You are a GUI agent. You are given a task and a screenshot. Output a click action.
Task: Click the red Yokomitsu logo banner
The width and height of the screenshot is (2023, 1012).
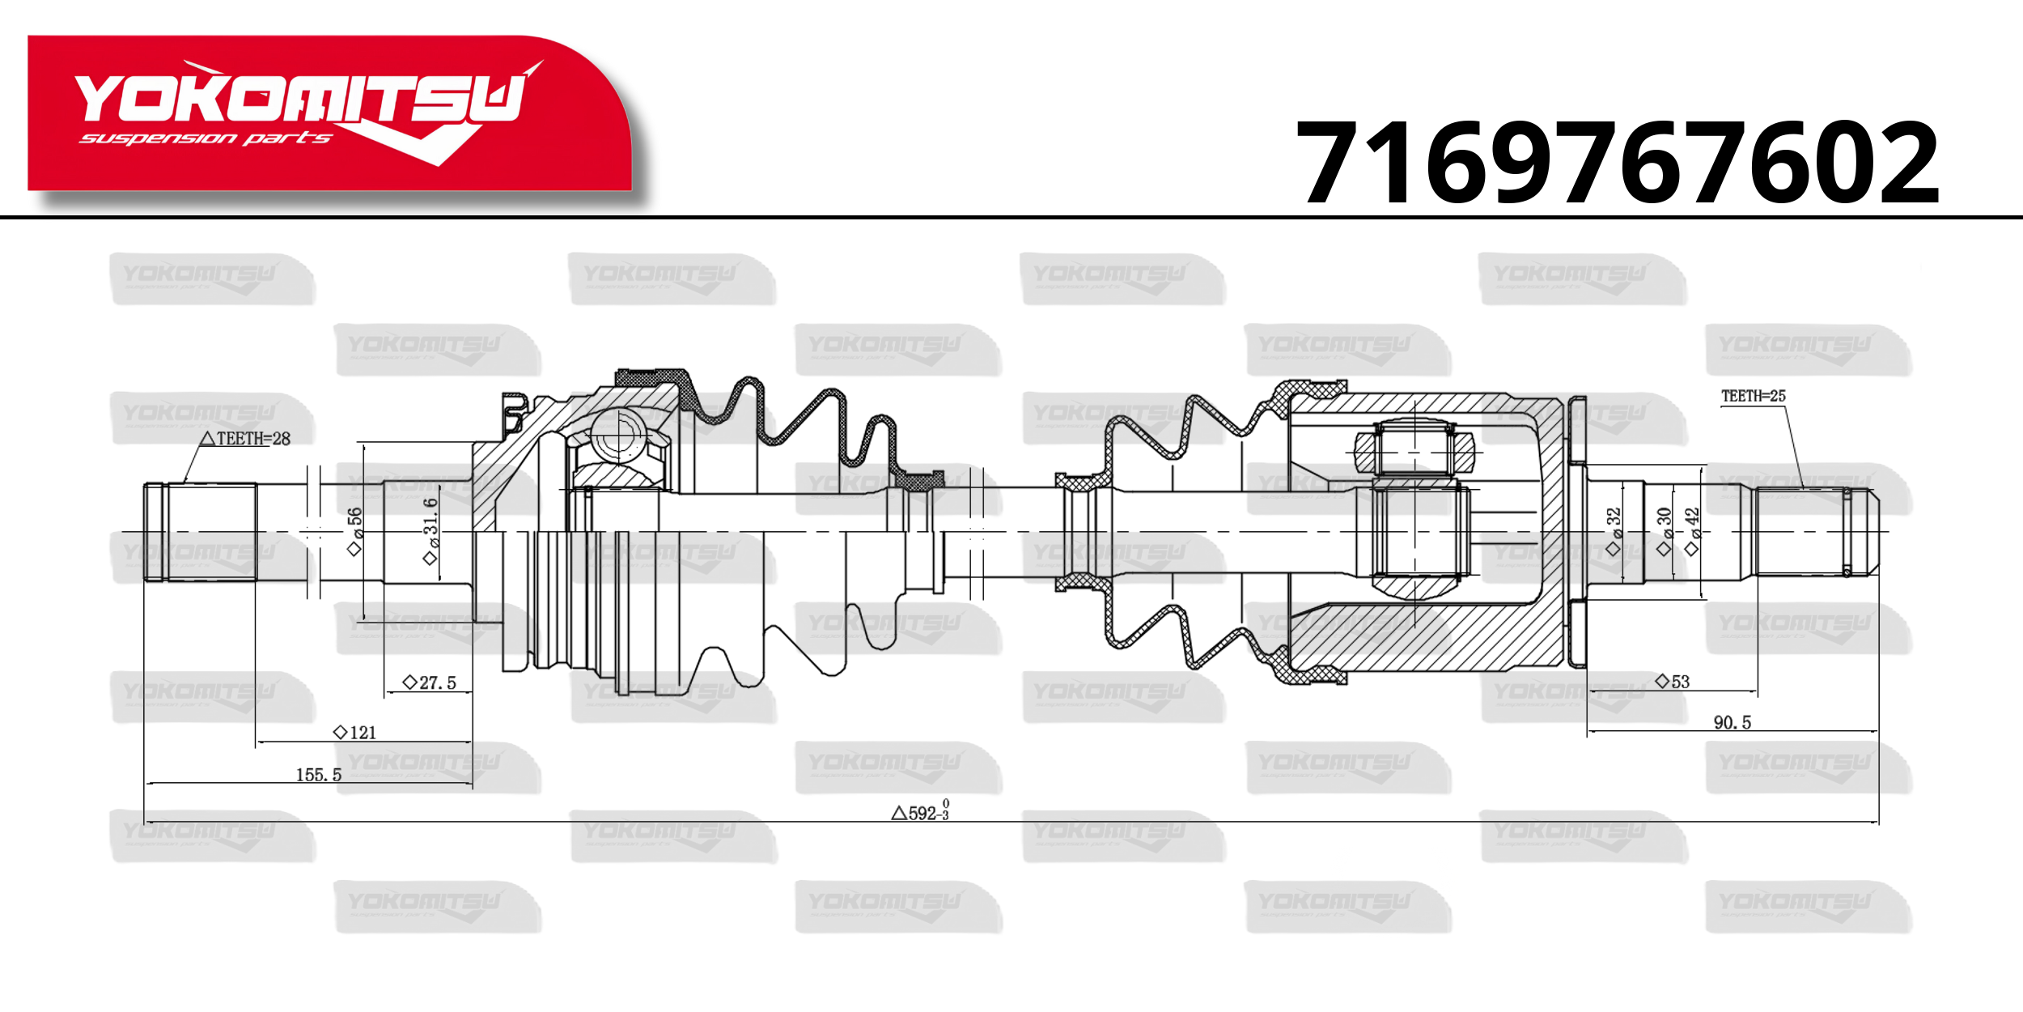[x=330, y=113]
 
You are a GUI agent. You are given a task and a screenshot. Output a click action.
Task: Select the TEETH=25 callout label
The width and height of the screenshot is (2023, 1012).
[x=1753, y=396]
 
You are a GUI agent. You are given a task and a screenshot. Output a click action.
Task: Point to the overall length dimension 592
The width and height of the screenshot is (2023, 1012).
[x=921, y=811]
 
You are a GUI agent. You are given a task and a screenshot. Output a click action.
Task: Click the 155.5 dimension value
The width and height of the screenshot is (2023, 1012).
[x=318, y=775]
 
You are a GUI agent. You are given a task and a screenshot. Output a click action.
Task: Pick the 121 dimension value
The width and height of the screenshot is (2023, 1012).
[x=355, y=733]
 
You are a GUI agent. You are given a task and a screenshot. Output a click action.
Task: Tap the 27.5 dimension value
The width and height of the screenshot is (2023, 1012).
[x=430, y=682]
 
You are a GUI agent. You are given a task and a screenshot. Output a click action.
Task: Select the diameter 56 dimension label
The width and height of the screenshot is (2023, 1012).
[x=354, y=531]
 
